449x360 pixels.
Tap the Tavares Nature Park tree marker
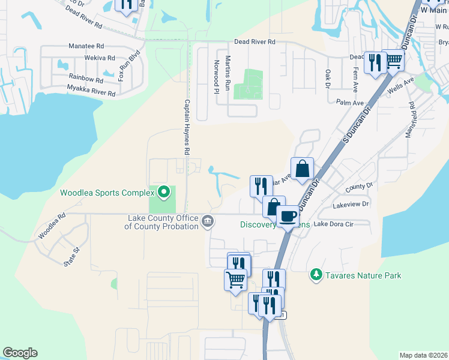pyautogui.click(x=316, y=275)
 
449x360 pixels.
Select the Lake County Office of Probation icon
pyautogui.click(x=208, y=221)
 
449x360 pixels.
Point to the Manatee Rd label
pyautogui.click(x=86, y=46)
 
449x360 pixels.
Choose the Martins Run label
pyautogui.click(x=228, y=73)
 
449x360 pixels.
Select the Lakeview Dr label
pyautogui.click(x=351, y=205)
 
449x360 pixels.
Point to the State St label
pyautogui.click(x=71, y=259)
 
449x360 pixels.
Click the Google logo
pyautogui.click(x=20, y=353)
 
